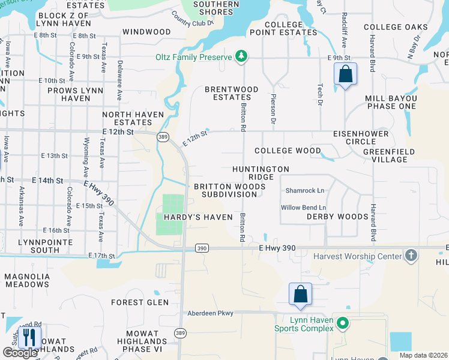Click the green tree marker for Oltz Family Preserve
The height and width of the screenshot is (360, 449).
point(241,56)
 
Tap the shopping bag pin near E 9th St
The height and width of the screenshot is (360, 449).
point(345,75)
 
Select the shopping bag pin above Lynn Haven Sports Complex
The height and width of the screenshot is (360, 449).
point(300,295)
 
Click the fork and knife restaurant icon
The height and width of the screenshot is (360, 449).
point(29,337)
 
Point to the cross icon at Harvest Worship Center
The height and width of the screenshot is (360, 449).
point(411,256)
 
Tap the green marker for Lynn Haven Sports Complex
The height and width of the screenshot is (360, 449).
point(342,323)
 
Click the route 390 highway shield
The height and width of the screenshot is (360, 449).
point(202,248)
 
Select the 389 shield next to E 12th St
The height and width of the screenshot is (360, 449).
point(163,137)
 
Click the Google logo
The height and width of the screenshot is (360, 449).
point(20,353)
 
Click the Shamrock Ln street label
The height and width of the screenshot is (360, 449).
point(304,191)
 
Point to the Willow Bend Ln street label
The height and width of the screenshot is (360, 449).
point(303,208)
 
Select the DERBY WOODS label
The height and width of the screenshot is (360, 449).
point(337,217)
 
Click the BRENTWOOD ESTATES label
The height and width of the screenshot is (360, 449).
point(232,93)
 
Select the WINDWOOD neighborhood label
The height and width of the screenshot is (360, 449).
point(146,31)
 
